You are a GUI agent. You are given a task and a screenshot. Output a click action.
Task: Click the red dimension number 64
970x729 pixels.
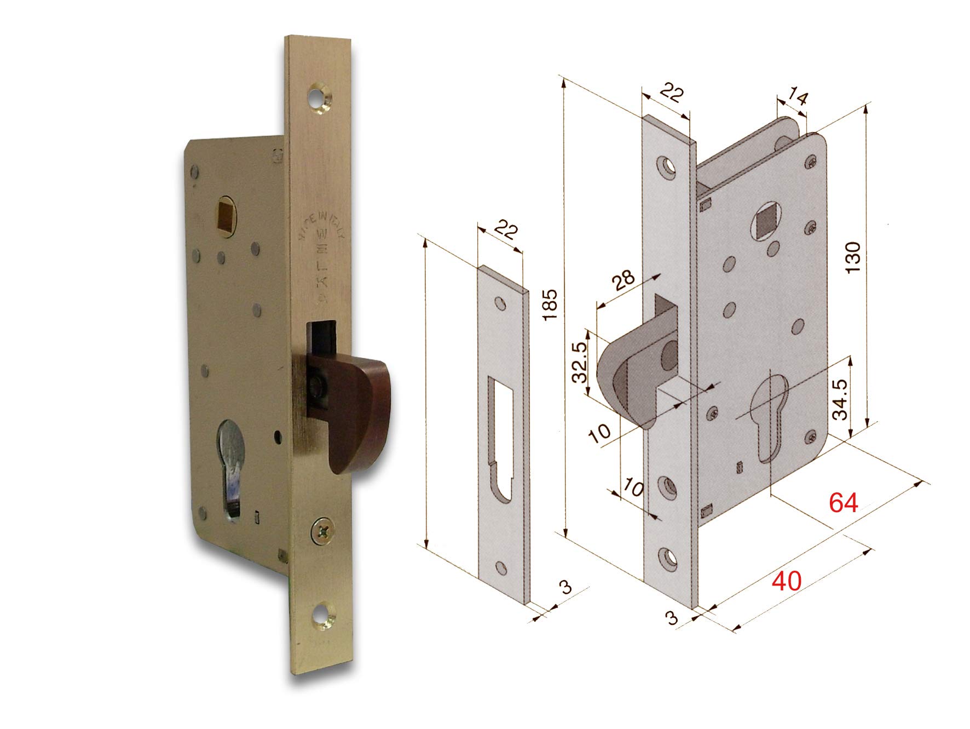(843, 502)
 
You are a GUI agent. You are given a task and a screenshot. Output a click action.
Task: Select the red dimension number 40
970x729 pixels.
(786, 581)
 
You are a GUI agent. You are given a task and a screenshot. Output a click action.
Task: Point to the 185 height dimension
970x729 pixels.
(551, 305)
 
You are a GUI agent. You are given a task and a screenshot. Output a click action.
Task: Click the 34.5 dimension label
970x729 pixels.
(840, 400)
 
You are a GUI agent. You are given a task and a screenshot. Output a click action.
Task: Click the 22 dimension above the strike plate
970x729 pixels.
(506, 231)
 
